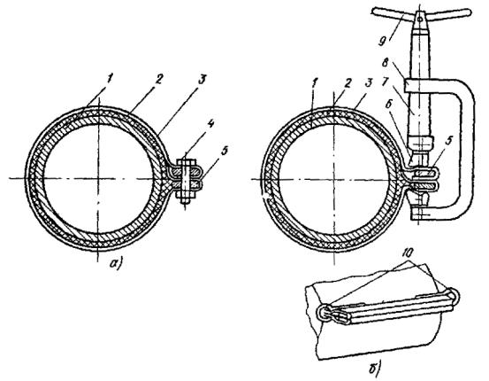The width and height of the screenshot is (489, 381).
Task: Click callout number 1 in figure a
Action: coord(110,79)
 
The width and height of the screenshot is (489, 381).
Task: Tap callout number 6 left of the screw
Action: coord(388,105)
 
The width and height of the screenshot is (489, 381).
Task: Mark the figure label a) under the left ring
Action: coord(116,264)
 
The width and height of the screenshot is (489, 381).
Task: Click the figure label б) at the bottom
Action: coord(373,369)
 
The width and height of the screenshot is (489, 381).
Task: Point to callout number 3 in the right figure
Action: coord(370,83)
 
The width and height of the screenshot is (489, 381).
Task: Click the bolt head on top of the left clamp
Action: coord(187,163)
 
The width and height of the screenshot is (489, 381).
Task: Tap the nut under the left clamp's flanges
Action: coord(187,196)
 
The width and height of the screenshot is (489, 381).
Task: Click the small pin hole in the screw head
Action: coord(420,19)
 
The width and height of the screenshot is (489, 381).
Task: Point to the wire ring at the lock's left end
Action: coord(325,313)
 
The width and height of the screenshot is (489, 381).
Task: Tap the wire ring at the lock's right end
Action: coord(455,295)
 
